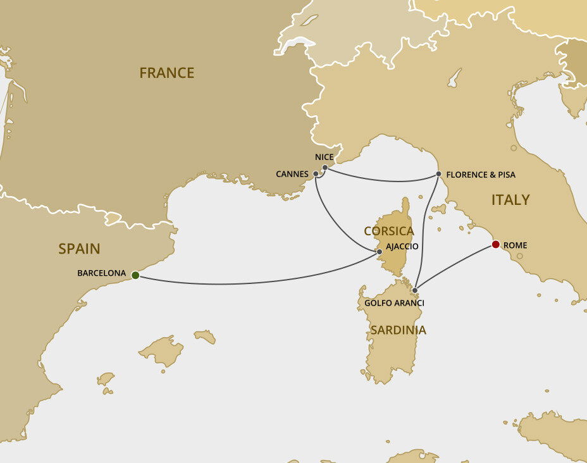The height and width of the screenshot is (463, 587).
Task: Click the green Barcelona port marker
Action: tap(135, 275)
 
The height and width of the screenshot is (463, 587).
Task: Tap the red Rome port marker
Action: tap(495, 244)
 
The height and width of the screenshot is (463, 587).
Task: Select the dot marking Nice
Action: tap(325, 168)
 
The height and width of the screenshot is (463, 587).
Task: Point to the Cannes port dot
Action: tap(316, 173)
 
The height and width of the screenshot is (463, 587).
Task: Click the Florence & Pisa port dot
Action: tap(438, 174)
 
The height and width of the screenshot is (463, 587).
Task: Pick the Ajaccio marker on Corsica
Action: tap(380, 252)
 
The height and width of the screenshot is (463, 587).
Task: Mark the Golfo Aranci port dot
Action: tap(415, 291)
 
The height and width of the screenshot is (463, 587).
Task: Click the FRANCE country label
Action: tap(166, 73)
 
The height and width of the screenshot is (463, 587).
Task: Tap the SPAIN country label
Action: tap(79, 249)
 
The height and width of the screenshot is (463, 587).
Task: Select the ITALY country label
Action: tap(510, 200)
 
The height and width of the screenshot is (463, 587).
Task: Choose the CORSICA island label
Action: tap(388, 231)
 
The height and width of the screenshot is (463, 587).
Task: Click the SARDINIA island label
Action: tap(398, 330)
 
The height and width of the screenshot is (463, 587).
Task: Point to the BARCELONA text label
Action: tap(101, 274)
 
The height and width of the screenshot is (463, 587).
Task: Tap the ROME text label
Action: tap(516, 245)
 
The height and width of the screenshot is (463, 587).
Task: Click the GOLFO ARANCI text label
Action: tap(394, 304)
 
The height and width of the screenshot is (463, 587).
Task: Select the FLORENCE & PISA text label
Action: tap(481, 175)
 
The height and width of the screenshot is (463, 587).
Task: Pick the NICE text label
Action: tap(324, 157)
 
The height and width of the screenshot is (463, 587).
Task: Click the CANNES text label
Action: tap(292, 174)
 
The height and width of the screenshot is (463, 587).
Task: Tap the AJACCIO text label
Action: tap(402, 246)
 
